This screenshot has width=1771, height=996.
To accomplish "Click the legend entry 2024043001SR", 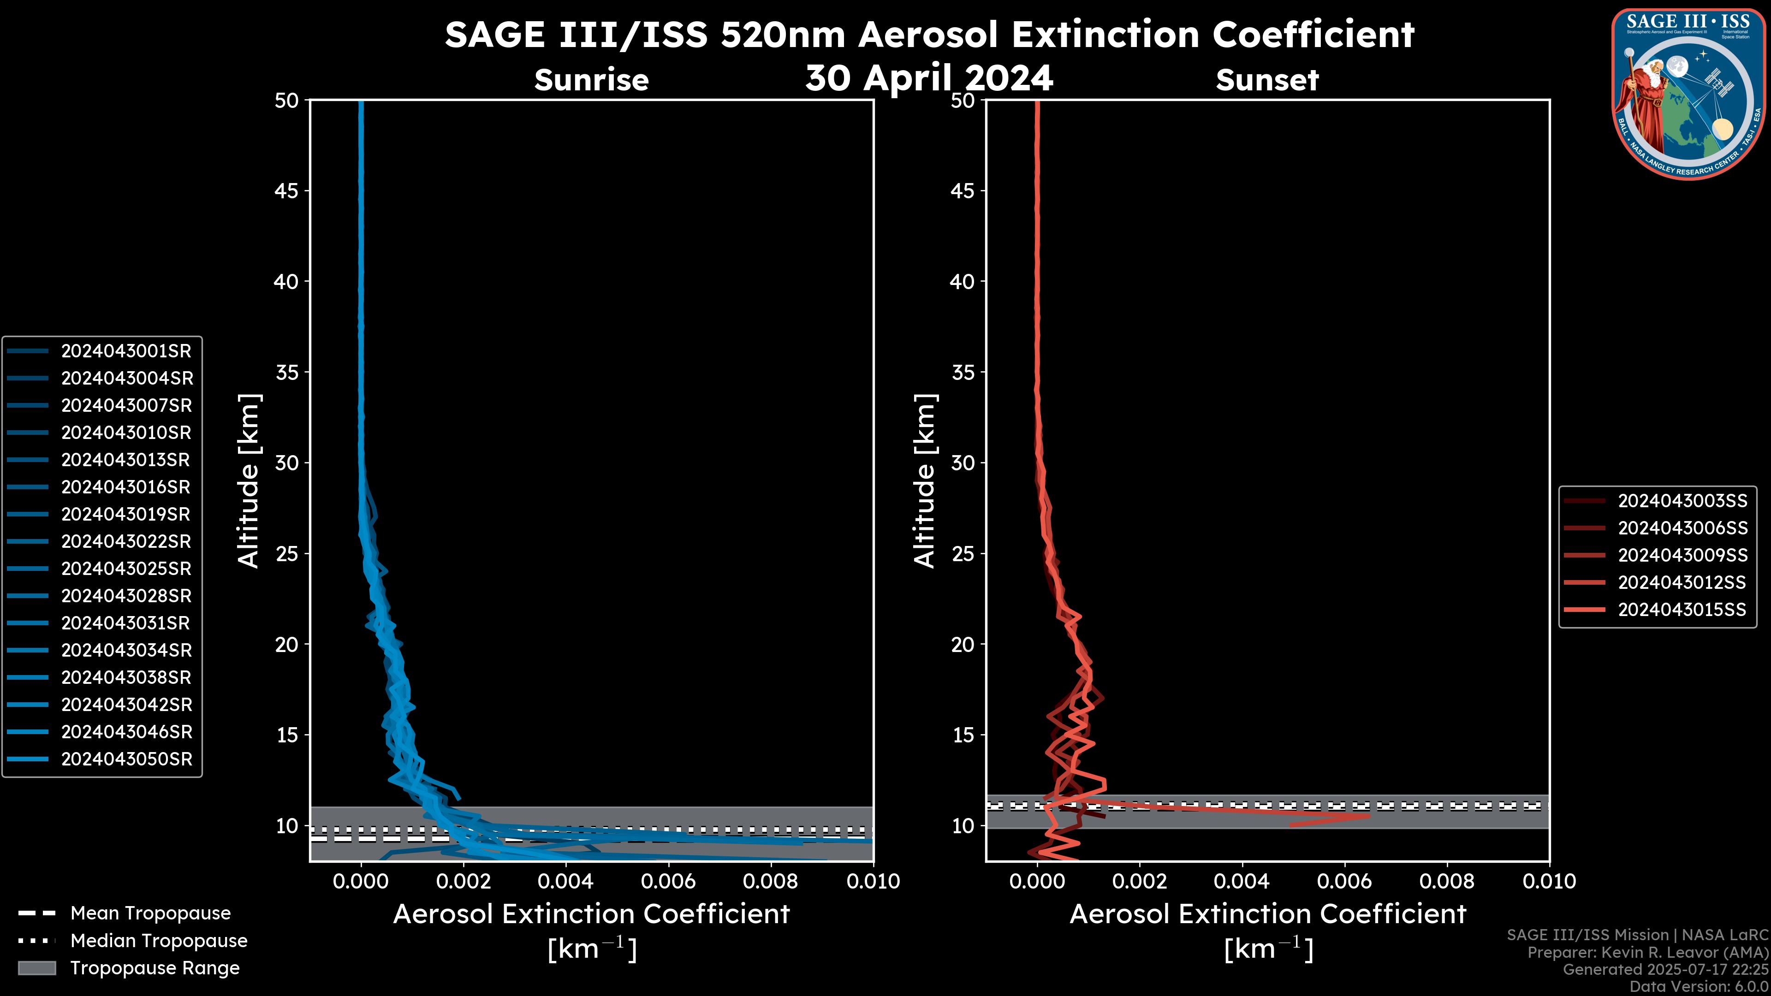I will click(126, 351).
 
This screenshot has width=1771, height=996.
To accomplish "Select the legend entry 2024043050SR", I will click(126, 759).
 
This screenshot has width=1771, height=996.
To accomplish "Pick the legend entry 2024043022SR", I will click(126, 542).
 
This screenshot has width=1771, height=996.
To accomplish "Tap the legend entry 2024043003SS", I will click(1682, 501).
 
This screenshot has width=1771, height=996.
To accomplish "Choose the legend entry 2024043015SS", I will click(1682, 610).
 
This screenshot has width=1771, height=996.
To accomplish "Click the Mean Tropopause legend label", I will click(150, 913).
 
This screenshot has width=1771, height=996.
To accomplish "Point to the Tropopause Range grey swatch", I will click(37, 968).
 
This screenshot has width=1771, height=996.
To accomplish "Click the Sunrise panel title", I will click(591, 80).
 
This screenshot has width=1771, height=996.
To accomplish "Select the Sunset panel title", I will click(1267, 80).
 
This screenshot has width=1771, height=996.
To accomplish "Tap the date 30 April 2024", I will click(929, 77).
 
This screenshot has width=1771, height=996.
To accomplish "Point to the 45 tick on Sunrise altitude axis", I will click(287, 191).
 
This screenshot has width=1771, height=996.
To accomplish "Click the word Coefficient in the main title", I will click(1313, 35).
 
